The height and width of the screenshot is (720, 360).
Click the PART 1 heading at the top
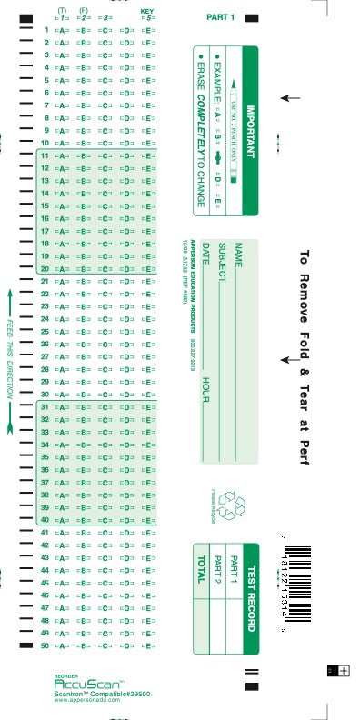tap(220, 17)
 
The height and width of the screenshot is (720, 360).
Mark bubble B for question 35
tap(85, 457)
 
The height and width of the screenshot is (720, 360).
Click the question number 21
tap(45, 281)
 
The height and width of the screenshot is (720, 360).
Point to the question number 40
tap(45, 519)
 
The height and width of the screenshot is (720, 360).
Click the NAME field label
tap(238, 255)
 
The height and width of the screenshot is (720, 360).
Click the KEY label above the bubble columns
tap(147, 11)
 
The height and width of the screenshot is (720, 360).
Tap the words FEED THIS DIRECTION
tap(10, 359)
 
